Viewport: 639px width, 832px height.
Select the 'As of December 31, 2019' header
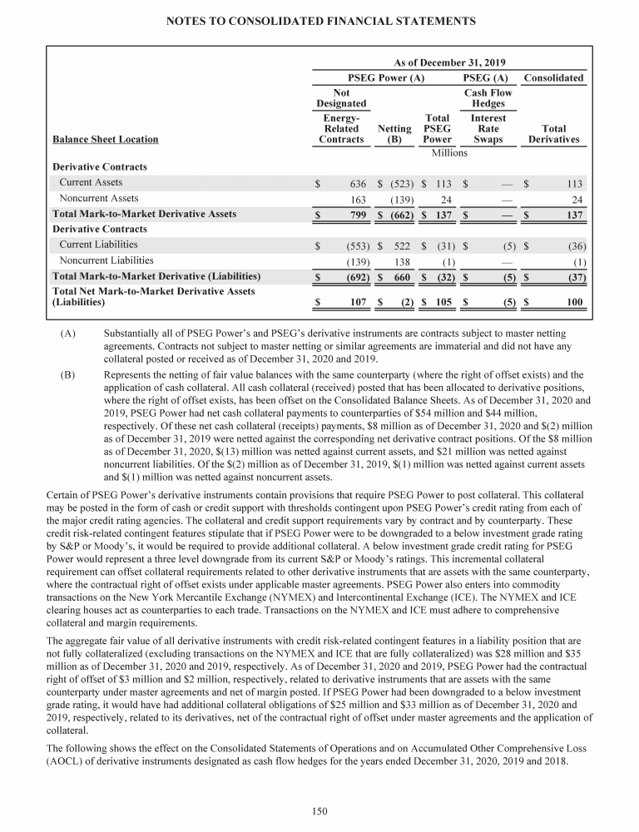[x=449, y=63]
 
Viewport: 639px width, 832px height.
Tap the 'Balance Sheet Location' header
[x=105, y=140]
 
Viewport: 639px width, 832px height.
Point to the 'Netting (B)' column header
[x=394, y=134]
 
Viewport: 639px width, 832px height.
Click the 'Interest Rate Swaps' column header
[x=488, y=129]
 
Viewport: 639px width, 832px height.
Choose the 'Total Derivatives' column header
[x=553, y=134]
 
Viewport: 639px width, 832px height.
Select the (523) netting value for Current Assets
[x=399, y=183]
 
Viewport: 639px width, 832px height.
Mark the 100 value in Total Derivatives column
[x=573, y=303]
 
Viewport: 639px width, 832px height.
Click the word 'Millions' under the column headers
[x=449, y=153]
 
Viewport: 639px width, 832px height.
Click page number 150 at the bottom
[x=319, y=811]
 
